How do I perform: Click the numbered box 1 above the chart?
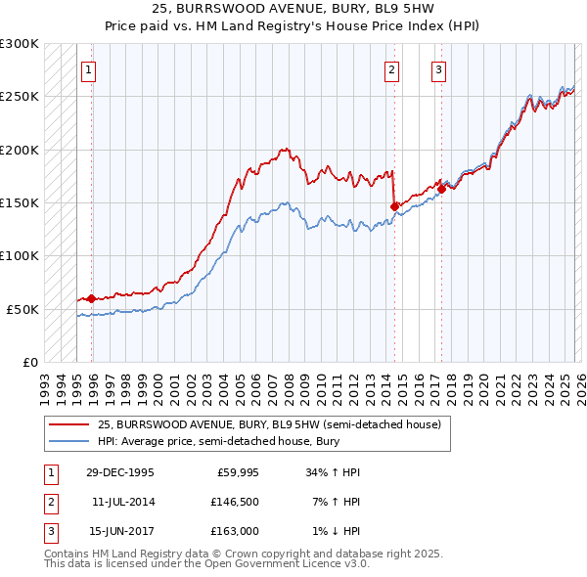pos(89,69)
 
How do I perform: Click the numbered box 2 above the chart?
pos(391,69)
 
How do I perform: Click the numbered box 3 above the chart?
pos(439,69)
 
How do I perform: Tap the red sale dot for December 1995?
pos(92,298)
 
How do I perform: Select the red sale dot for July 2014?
pos(394,206)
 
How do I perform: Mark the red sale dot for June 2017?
pos(441,189)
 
